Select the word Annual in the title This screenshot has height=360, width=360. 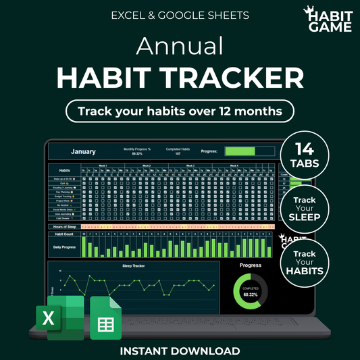pos(180,46)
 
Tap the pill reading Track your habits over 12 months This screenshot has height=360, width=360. pos(180,109)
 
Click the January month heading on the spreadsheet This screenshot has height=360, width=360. pos(83,152)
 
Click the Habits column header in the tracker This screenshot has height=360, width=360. pos(64,170)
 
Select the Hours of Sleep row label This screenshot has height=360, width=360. pos(64,226)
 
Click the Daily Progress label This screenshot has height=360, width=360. pos(64,247)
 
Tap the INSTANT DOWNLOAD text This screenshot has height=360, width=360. pos(180,351)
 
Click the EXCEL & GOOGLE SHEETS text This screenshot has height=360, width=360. pos(180,14)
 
